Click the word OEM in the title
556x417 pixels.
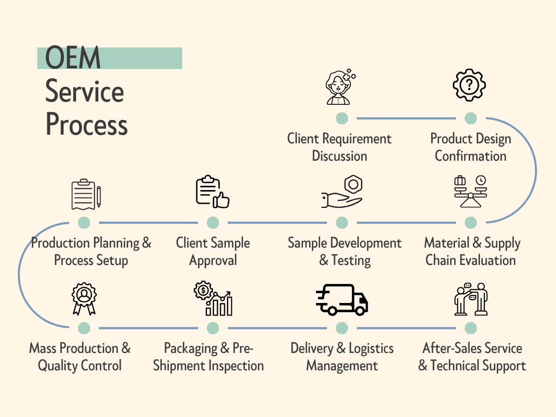(73, 59)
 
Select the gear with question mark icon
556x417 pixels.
(469, 85)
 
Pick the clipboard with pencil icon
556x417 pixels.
(86, 194)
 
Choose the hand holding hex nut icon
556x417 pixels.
(342, 192)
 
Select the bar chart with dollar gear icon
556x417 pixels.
(213, 299)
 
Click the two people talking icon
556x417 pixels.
(470, 299)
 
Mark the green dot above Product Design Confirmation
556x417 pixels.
(471, 118)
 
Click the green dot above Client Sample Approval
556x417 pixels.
(213, 223)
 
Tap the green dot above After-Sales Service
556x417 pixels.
(471, 328)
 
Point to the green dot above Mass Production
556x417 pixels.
(84, 328)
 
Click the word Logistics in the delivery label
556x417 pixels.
(371, 348)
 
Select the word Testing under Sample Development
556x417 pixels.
(351, 260)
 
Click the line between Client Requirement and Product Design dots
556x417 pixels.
(406, 118)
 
